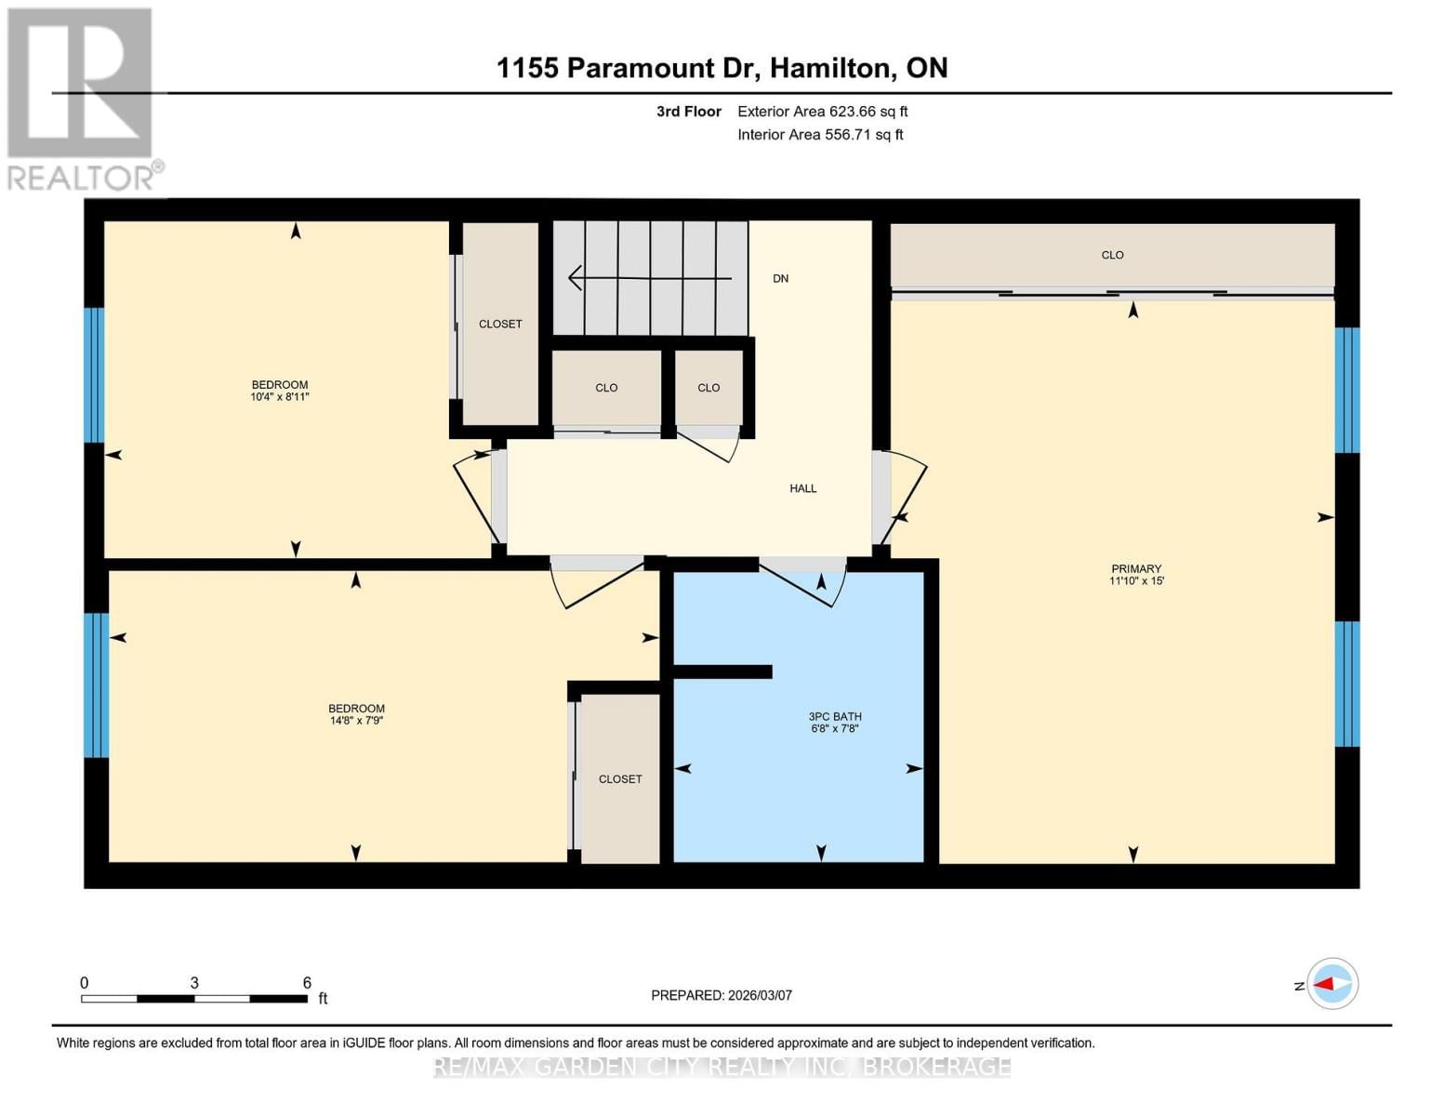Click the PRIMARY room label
1136,568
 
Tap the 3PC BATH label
835,716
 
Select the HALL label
803,488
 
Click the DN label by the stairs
780,278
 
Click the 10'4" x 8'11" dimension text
280,397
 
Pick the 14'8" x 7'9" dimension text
356,721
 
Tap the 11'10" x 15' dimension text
1136,581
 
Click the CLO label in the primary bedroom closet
1112,255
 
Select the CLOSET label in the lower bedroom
620,779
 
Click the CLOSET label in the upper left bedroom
500,324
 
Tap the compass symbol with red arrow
1332,983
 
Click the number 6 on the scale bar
307,983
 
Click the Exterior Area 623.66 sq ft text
822,112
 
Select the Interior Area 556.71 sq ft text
820,135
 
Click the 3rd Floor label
689,112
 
